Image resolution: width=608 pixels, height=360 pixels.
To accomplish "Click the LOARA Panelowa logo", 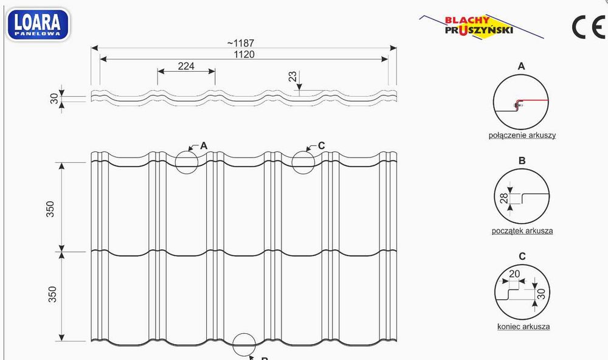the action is (x=38, y=25).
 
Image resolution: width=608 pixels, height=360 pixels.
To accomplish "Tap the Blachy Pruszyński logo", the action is (x=481, y=26).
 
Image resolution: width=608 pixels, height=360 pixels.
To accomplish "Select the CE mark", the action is (x=589, y=27).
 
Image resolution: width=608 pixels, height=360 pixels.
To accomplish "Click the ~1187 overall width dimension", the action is (x=240, y=43).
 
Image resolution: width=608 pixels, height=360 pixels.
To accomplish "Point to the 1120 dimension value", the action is (x=244, y=54).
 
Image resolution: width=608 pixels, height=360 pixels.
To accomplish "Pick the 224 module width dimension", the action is (x=186, y=66).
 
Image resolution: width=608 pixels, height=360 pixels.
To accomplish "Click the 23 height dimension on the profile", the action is (x=292, y=76).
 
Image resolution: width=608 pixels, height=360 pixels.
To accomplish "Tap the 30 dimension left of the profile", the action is (x=54, y=99).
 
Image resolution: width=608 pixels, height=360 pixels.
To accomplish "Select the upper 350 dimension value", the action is (x=50, y=209).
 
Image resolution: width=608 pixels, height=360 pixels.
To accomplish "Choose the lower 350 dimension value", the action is (x=52, y=294).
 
